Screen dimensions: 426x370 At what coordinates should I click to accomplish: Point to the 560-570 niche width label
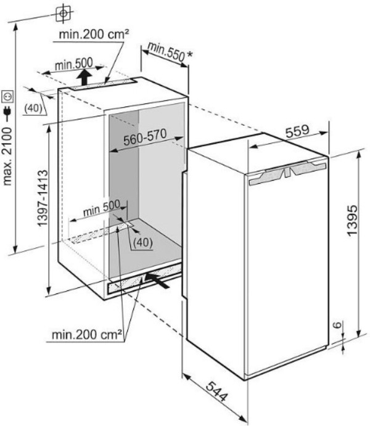145,140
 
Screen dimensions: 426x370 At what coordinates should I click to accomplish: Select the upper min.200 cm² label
94,36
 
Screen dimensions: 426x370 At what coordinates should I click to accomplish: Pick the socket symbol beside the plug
8,96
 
